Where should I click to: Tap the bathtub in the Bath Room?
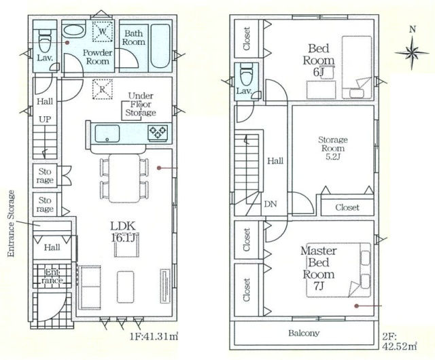[160, 47]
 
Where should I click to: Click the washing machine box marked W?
[103, 31]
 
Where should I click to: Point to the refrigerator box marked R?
[103, 89]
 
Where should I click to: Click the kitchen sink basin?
[107, 133]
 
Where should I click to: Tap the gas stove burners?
[158, 132]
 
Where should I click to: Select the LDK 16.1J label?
[124, 232]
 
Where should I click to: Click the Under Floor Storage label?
[141, 105]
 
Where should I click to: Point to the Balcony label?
[304, 333]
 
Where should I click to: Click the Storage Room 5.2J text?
[332, 148]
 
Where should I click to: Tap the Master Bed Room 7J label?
[319, 268]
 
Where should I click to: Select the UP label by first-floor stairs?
[45, 120]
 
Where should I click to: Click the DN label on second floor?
[271, 204]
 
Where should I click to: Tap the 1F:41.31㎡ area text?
[154, 336]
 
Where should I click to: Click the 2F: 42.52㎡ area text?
[400, 342]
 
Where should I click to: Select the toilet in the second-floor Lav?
[247, 74]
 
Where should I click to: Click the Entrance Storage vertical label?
[11, 223]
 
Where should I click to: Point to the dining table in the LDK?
[124, 179]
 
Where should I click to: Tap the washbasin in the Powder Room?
[73, 31]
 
